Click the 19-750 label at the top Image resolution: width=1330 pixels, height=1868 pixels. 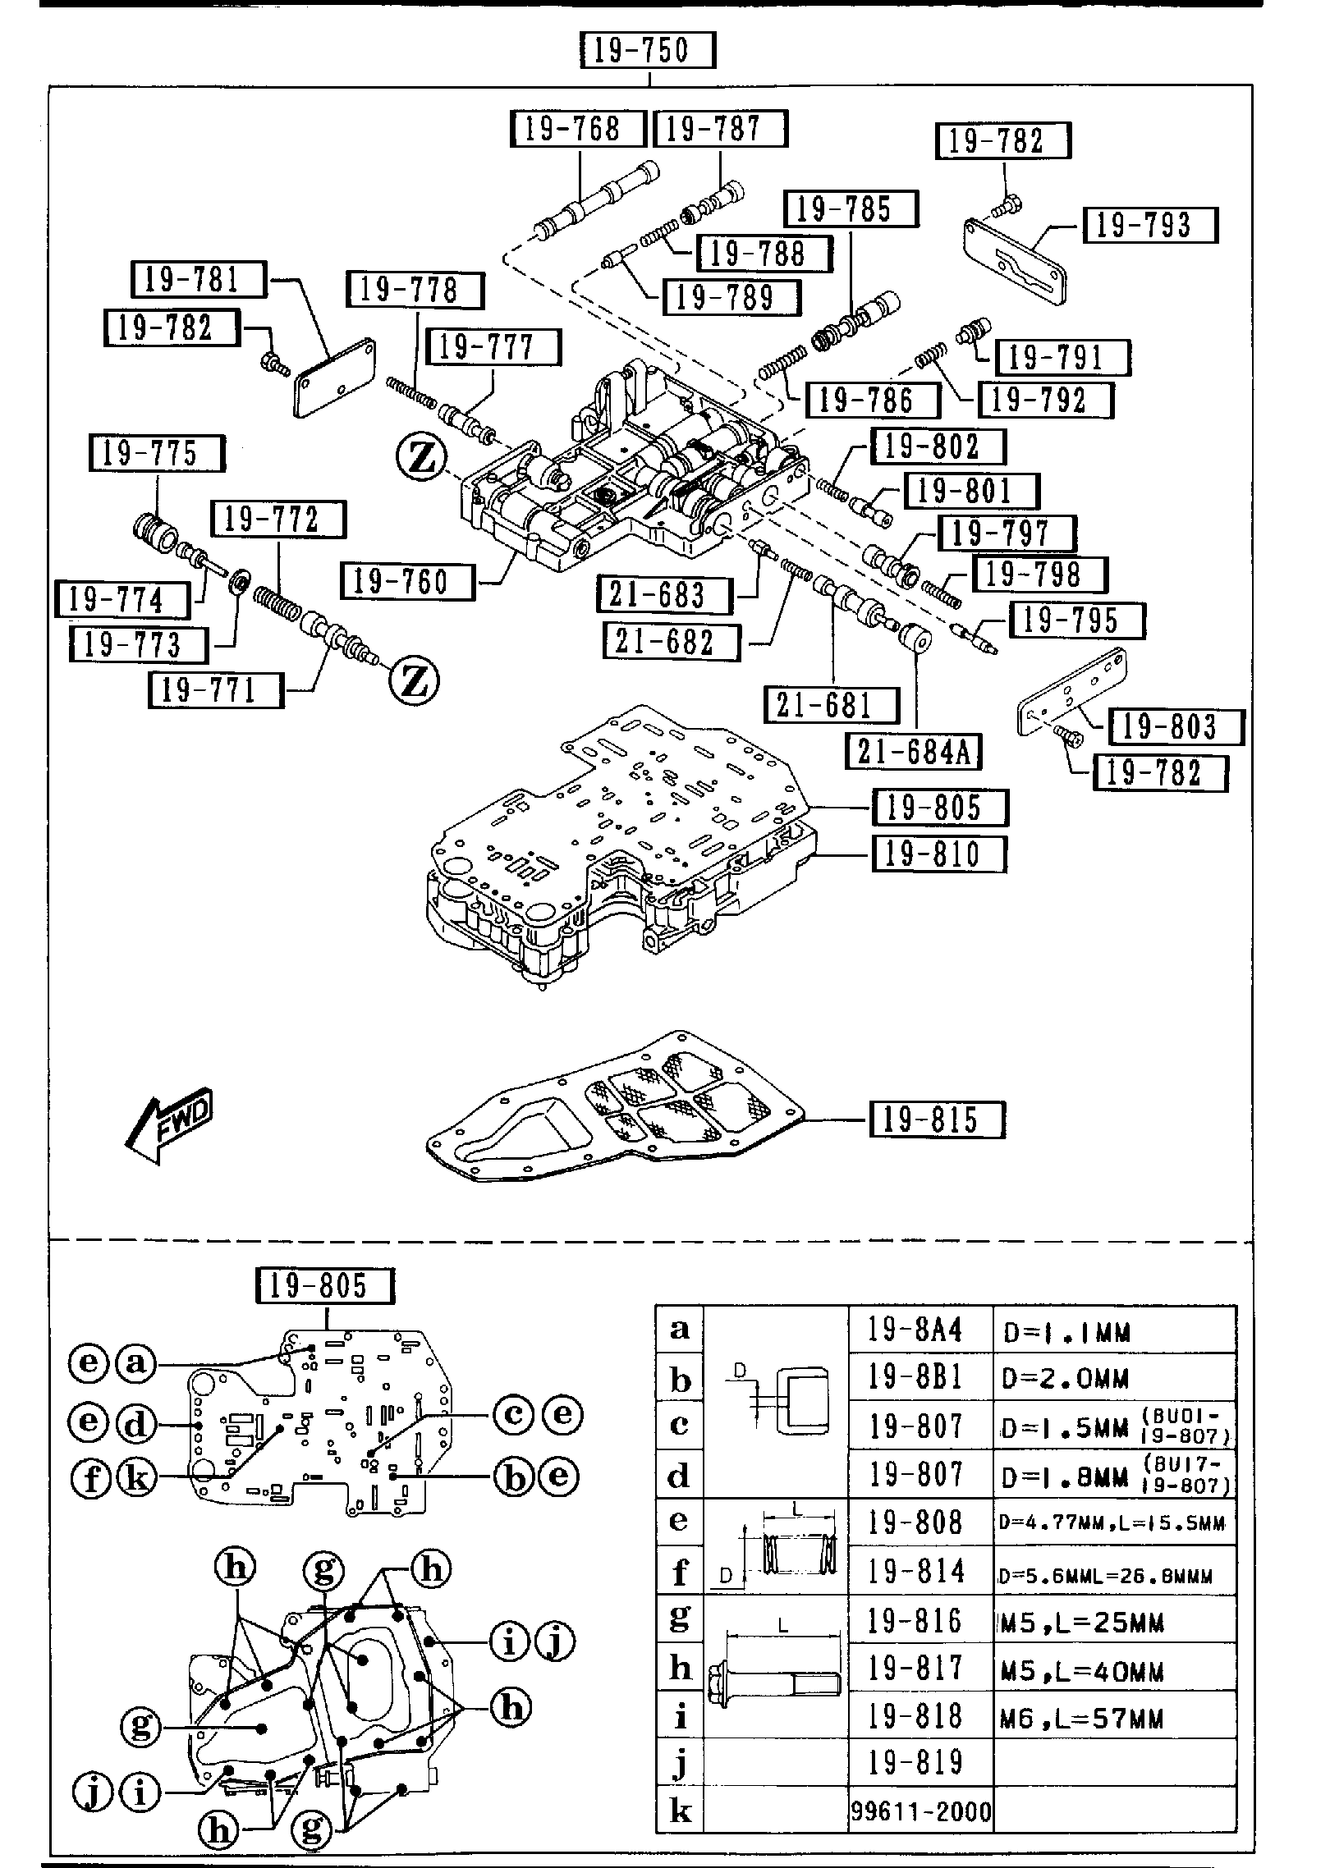(647, 51)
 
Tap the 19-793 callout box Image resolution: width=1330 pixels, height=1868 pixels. (1149, 224)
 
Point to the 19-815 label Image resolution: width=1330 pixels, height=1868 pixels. (937, 1119)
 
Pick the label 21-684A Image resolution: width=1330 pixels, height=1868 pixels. (914, 751)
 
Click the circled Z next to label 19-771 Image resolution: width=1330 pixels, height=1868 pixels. (415, 680)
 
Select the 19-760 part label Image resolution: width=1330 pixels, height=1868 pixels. (407, 582)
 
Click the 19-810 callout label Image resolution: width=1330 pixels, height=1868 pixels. (938, 854)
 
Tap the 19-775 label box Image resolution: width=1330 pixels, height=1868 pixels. (156, 453)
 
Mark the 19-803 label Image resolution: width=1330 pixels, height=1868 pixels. (1175, 726)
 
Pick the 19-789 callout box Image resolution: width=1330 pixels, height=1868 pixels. (731, 297)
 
